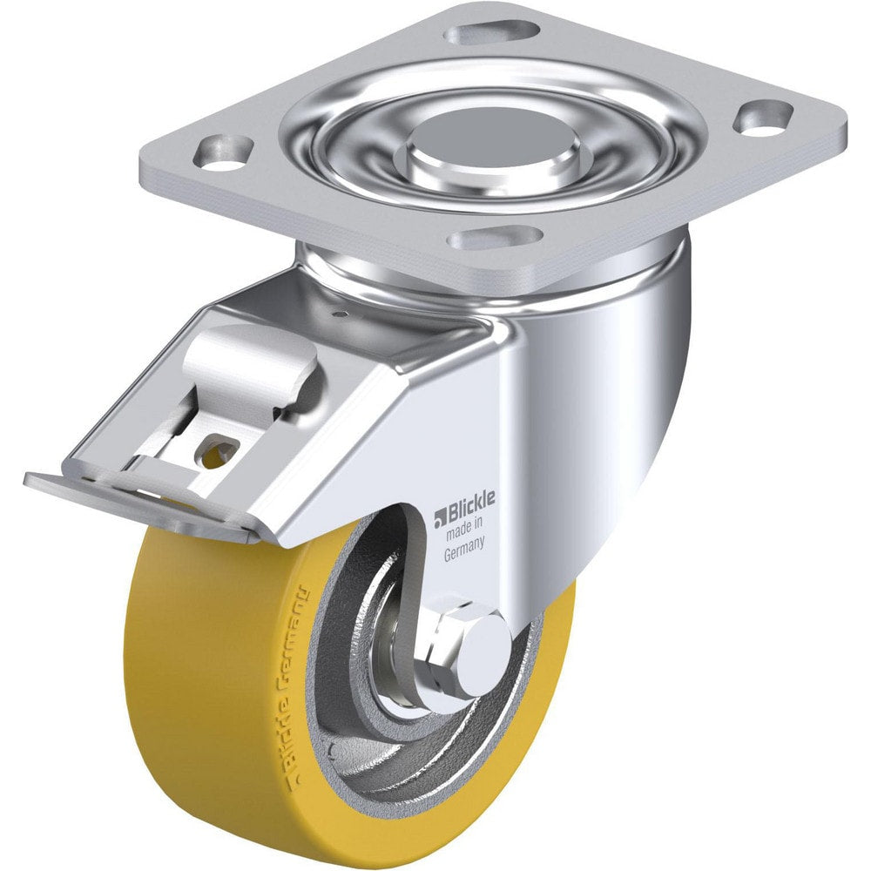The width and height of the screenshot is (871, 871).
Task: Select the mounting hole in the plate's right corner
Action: point(762,117)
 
